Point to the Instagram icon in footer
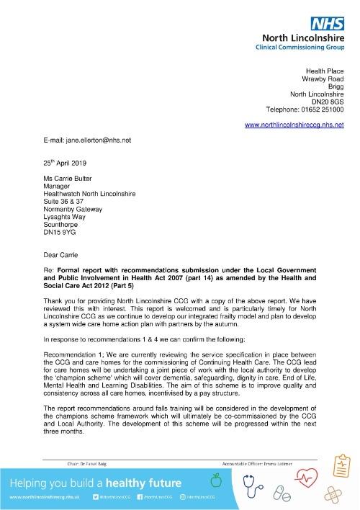point(182,497)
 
